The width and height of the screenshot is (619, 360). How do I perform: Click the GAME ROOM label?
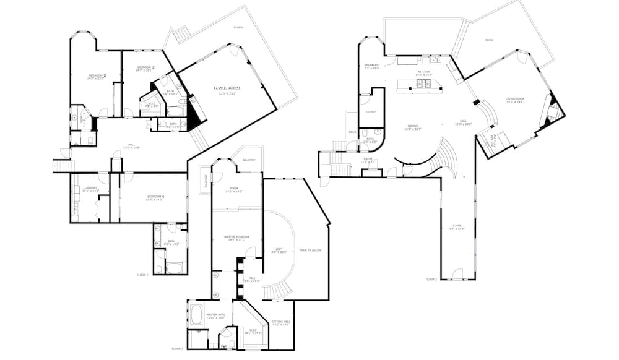click(x=227, y=88)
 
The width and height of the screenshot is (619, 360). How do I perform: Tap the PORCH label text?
click(x=238, y=28)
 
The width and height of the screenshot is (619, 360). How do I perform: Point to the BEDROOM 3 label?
click(x=145, y=67)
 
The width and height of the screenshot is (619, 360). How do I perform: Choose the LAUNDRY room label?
click(x=90, y=189)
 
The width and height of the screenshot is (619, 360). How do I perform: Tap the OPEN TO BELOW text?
click(x=310, y=251)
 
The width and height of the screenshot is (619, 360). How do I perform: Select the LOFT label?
click(x=280, y=249)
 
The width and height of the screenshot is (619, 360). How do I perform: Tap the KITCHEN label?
click(x=423, y=72)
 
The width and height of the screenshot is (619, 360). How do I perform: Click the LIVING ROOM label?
click(x=515, y=98)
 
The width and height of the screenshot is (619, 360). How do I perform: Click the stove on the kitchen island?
click(x=426, y=85)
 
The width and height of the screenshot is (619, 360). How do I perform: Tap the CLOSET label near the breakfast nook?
click(x=371, y=112)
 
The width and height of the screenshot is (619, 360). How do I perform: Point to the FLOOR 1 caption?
click(x=142, y=274)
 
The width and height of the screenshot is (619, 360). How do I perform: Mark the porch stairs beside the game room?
click(x=181, y=35)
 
